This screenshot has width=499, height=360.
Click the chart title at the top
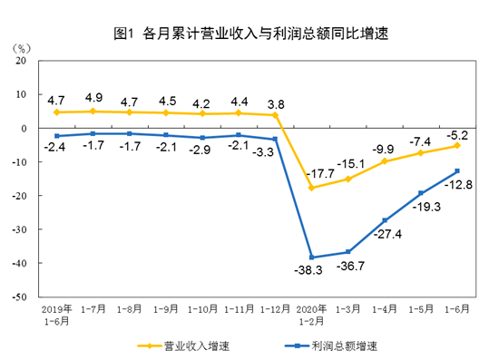tap(250, 34)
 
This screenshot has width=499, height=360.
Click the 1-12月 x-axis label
tap(274, 308)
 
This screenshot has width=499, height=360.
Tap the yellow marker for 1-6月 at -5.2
tap(456, 145)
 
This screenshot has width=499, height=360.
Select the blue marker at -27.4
tap(385, 220)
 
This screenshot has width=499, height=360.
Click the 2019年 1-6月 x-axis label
tap(57, 314)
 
